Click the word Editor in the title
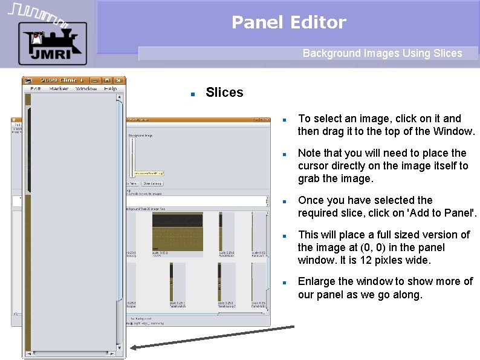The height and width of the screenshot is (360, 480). pyautogui.click(x=318, y=23)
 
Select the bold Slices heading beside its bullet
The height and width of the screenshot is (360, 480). pyautogui.click(x=224, y=93)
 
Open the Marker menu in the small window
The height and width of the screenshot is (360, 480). pyautogui.click(x=59, y=89)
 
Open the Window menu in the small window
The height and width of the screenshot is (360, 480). pyautogui.click(x=86, y=89)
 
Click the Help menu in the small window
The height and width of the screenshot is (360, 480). pyautogui.click(x=110, y=89)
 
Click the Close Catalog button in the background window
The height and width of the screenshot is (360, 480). pyautogui.click(x=152, y=183)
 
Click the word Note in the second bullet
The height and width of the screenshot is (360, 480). pyautogui.click(x=310, y=153)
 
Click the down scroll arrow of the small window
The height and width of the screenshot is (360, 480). pyautogui.click(x=120, y=348)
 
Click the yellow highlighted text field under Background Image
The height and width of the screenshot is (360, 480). pyautogui.click(x=148, y=173)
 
